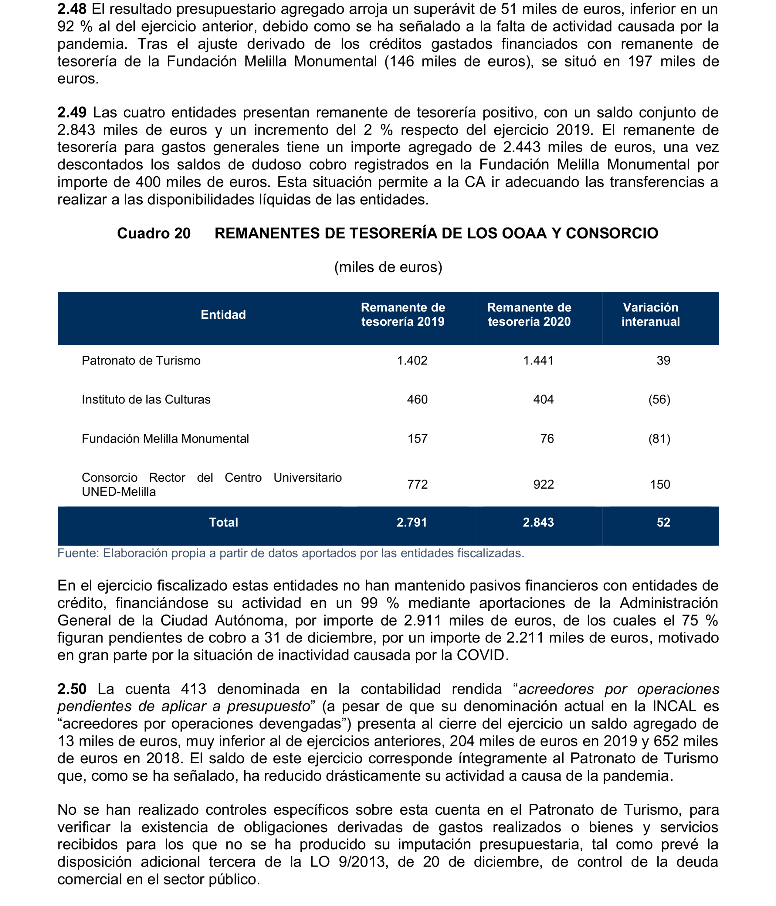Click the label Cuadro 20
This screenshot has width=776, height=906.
[x=154, y=233]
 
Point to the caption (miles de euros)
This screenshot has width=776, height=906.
[x=388, y=267]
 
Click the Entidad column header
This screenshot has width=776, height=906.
[x=223, y=314]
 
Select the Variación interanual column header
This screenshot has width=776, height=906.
[x=650, y=314]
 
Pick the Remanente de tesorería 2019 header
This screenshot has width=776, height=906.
[x=403, y=314]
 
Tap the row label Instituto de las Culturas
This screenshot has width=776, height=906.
[x=146, y=400]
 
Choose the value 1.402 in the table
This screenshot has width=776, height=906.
[x=412, y=361]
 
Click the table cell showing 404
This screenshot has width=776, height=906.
[x=543, y=400]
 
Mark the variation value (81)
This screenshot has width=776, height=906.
[x=659, y=439]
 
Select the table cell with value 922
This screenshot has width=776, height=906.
[x=543, y=485]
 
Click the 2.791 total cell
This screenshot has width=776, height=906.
[x=412, y=522]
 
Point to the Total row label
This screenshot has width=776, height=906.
[x=223, y=522]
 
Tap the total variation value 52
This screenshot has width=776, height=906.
[x=663, y=522]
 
